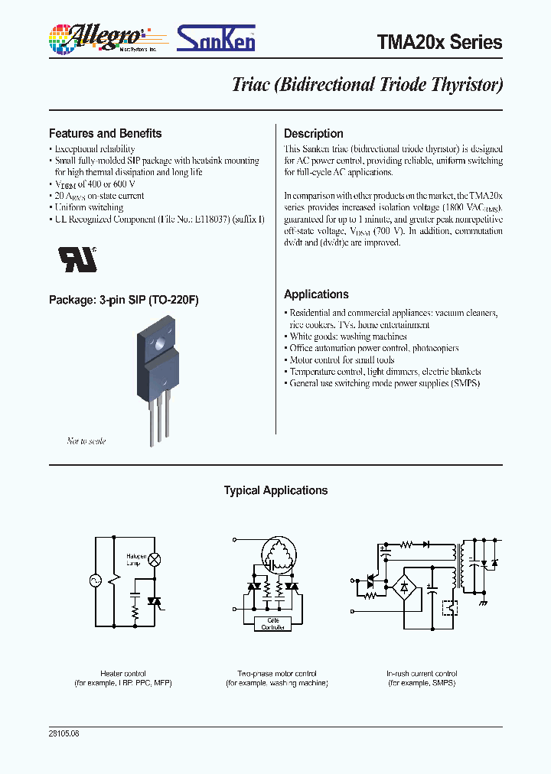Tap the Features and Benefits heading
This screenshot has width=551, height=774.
pyautogui.click(x=105, y=133)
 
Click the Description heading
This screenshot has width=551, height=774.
pyautogui.click(x=313, y=133)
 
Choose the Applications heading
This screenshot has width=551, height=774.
pyautogui.click(x=316, y=294)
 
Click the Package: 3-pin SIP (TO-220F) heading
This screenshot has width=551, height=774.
pyautogui.click(x=123, y=301)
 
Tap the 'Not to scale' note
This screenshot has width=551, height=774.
pyautogui.click(x=86, y=441)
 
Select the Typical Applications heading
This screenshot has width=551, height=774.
pyautogui.click(x=275, y=491)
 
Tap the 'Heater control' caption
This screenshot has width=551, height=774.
pyautogui.click(x=122, y=673)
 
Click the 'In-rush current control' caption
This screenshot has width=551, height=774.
pyautogui.click(x=421, y=673)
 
